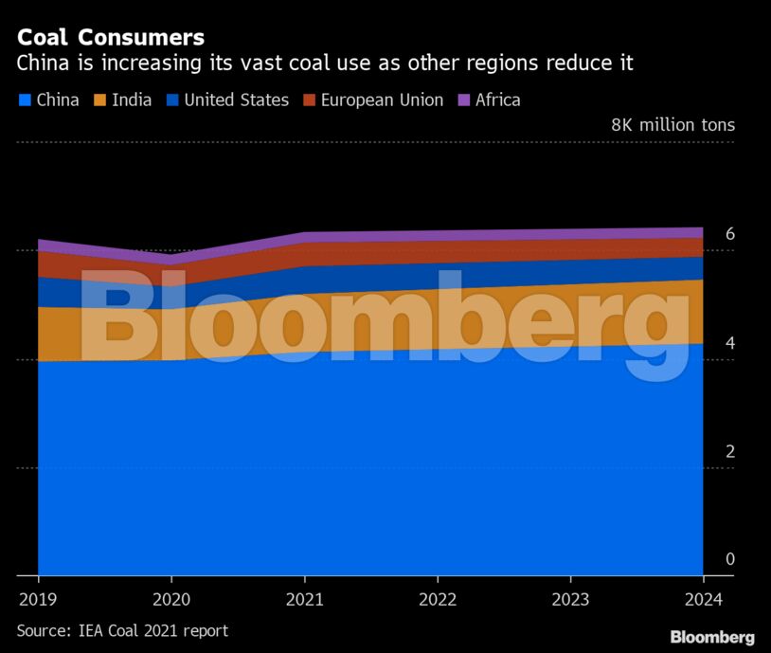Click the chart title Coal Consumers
(111, 38)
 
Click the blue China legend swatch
(24, 100)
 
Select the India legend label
(132, 100)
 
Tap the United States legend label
(236, 100)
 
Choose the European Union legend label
(382, 100)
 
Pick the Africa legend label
(497, 100)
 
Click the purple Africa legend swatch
(464, 100)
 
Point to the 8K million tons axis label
(672, 125)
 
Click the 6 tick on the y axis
(729, 234)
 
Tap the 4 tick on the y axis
(729, 343)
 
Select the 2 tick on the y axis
(729, 451)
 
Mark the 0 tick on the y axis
(729, 559)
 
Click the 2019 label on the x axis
(38, 599)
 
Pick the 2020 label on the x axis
(170, 599)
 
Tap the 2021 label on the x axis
(304, 599)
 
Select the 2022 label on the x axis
(437, 599)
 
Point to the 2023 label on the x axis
(570, 599)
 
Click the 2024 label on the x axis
(702, 599)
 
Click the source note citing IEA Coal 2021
(122, 630)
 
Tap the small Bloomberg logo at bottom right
(712, 637)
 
